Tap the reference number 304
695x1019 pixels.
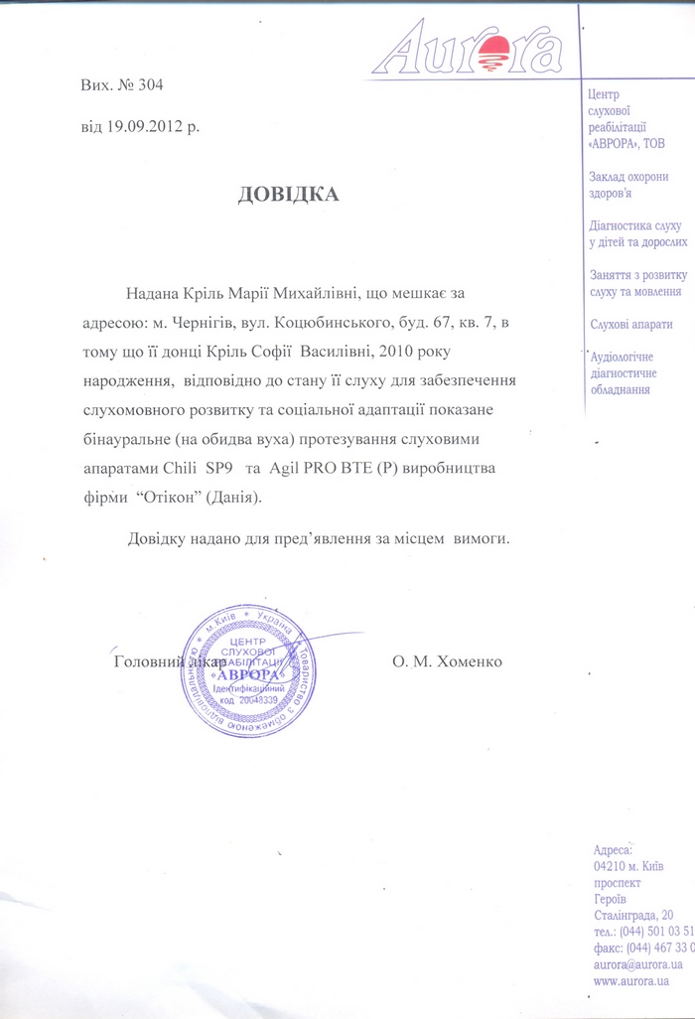click(x=148, y=85)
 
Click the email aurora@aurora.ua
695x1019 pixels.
click(x=636, y=964)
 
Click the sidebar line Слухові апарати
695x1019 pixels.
click(x=630, y=324)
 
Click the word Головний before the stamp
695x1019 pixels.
click(x=146, y=662)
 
